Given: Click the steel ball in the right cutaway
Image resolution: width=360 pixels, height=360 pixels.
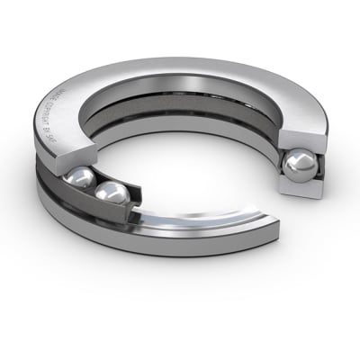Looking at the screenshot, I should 298,166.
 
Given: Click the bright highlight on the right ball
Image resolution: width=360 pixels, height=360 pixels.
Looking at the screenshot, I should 293,161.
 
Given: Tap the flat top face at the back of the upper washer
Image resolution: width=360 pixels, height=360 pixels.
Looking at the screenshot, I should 207,76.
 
